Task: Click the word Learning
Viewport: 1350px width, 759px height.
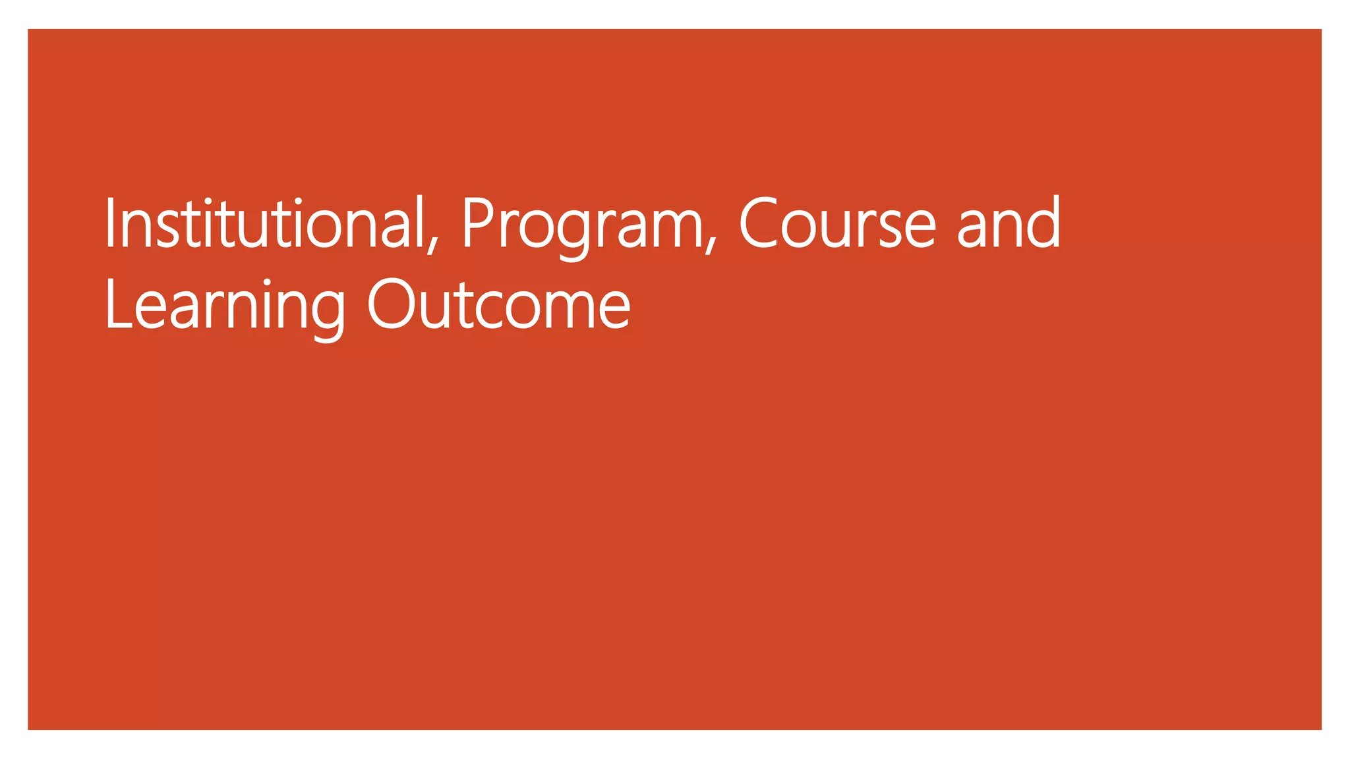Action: coord(225,305)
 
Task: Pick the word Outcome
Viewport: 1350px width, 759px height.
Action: coord(498,305)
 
